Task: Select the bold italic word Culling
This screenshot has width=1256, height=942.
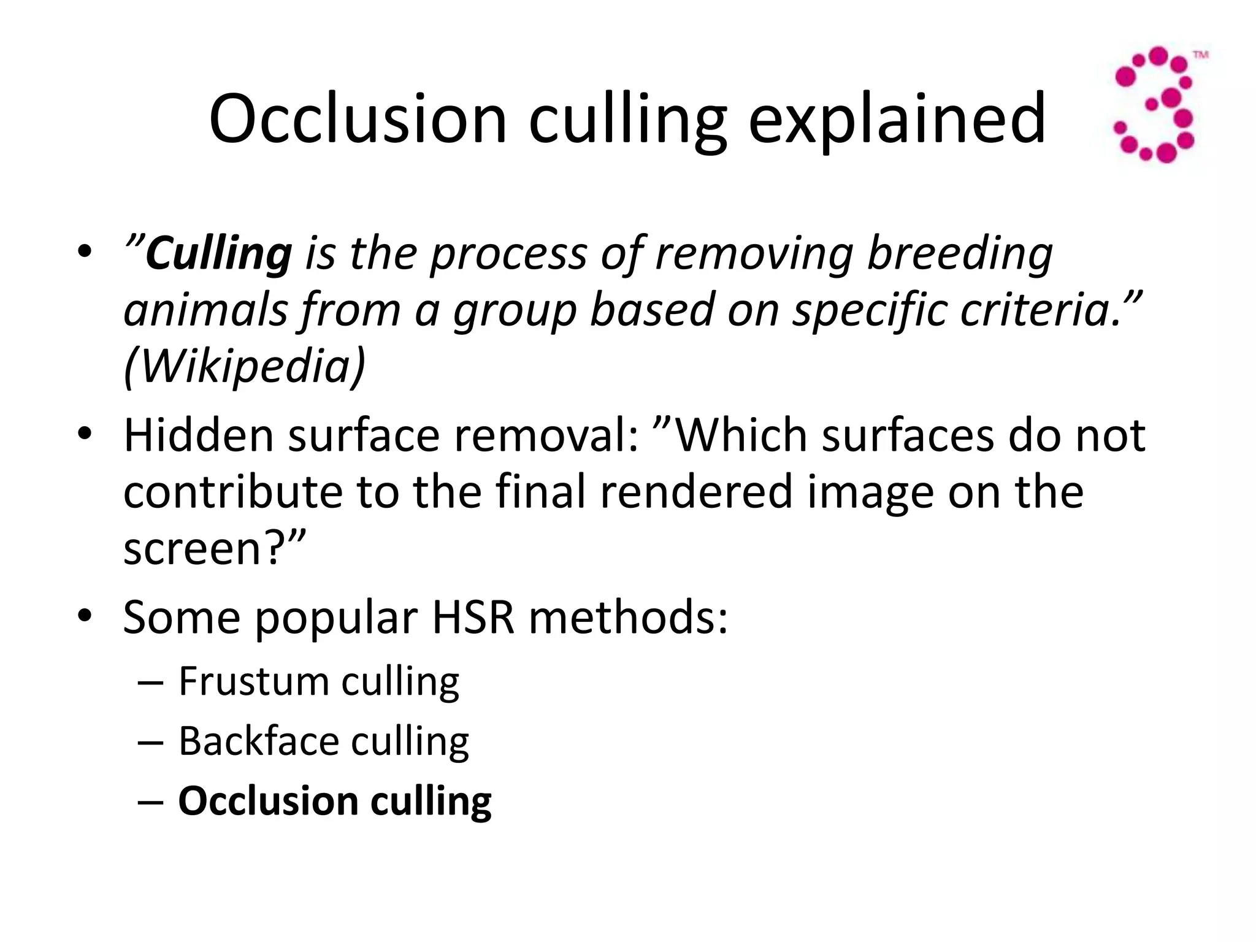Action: coord(219,254)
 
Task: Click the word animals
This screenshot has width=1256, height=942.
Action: coord(205,310)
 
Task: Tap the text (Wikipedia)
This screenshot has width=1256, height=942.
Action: coord(244,366)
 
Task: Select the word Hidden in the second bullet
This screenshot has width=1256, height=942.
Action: coord(198,435)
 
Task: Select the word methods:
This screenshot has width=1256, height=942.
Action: coord(629,617)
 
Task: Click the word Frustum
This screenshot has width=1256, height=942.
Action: coord(253,681)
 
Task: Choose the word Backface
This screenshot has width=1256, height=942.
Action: coord(258,741)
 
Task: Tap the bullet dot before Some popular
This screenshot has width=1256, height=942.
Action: coord(85,615)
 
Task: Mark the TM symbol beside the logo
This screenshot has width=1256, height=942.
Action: coord(1200,55)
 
